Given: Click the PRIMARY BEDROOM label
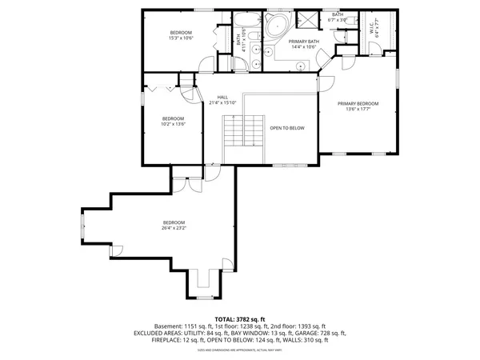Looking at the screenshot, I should (357, 103).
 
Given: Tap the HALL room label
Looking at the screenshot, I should (212, 97).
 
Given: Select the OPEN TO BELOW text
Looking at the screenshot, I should (286, 127).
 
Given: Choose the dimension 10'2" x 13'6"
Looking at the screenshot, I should (174, 124).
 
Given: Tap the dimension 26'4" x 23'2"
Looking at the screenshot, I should (174, 227).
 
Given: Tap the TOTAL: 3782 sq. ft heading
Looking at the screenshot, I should (240, 319).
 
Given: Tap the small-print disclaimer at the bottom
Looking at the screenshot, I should (240, 350).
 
